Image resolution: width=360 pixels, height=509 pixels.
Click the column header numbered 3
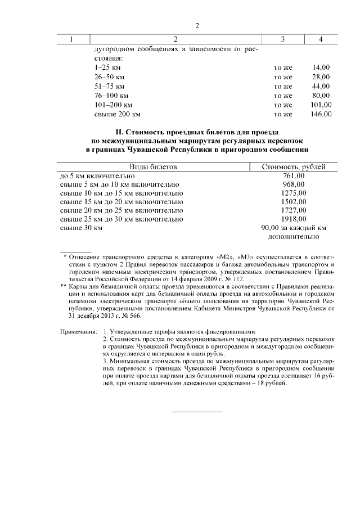click(282, 39)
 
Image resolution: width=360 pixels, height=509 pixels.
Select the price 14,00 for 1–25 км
click(321, 67)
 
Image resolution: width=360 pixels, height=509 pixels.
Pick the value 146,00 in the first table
click(321, 114)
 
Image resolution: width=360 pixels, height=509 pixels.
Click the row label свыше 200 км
click(117, 114)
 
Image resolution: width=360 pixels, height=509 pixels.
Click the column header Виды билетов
click(154, 167)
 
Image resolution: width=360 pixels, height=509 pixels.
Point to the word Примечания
click(78, 332)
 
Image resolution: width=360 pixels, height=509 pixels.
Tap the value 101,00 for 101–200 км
click(321, 105)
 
